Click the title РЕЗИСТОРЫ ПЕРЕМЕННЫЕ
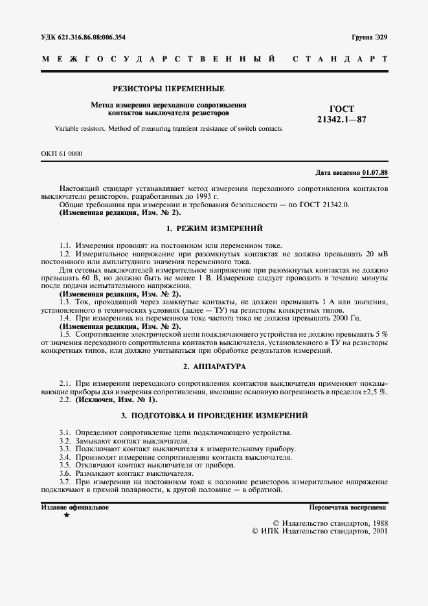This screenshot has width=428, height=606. (168, 88)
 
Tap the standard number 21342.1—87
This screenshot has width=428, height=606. (341, 120)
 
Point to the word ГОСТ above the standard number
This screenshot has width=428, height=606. (341, 109)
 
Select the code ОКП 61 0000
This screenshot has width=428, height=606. (62, 153)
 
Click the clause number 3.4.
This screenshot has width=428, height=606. (64, 457)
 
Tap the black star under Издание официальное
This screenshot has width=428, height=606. (66, 515)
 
